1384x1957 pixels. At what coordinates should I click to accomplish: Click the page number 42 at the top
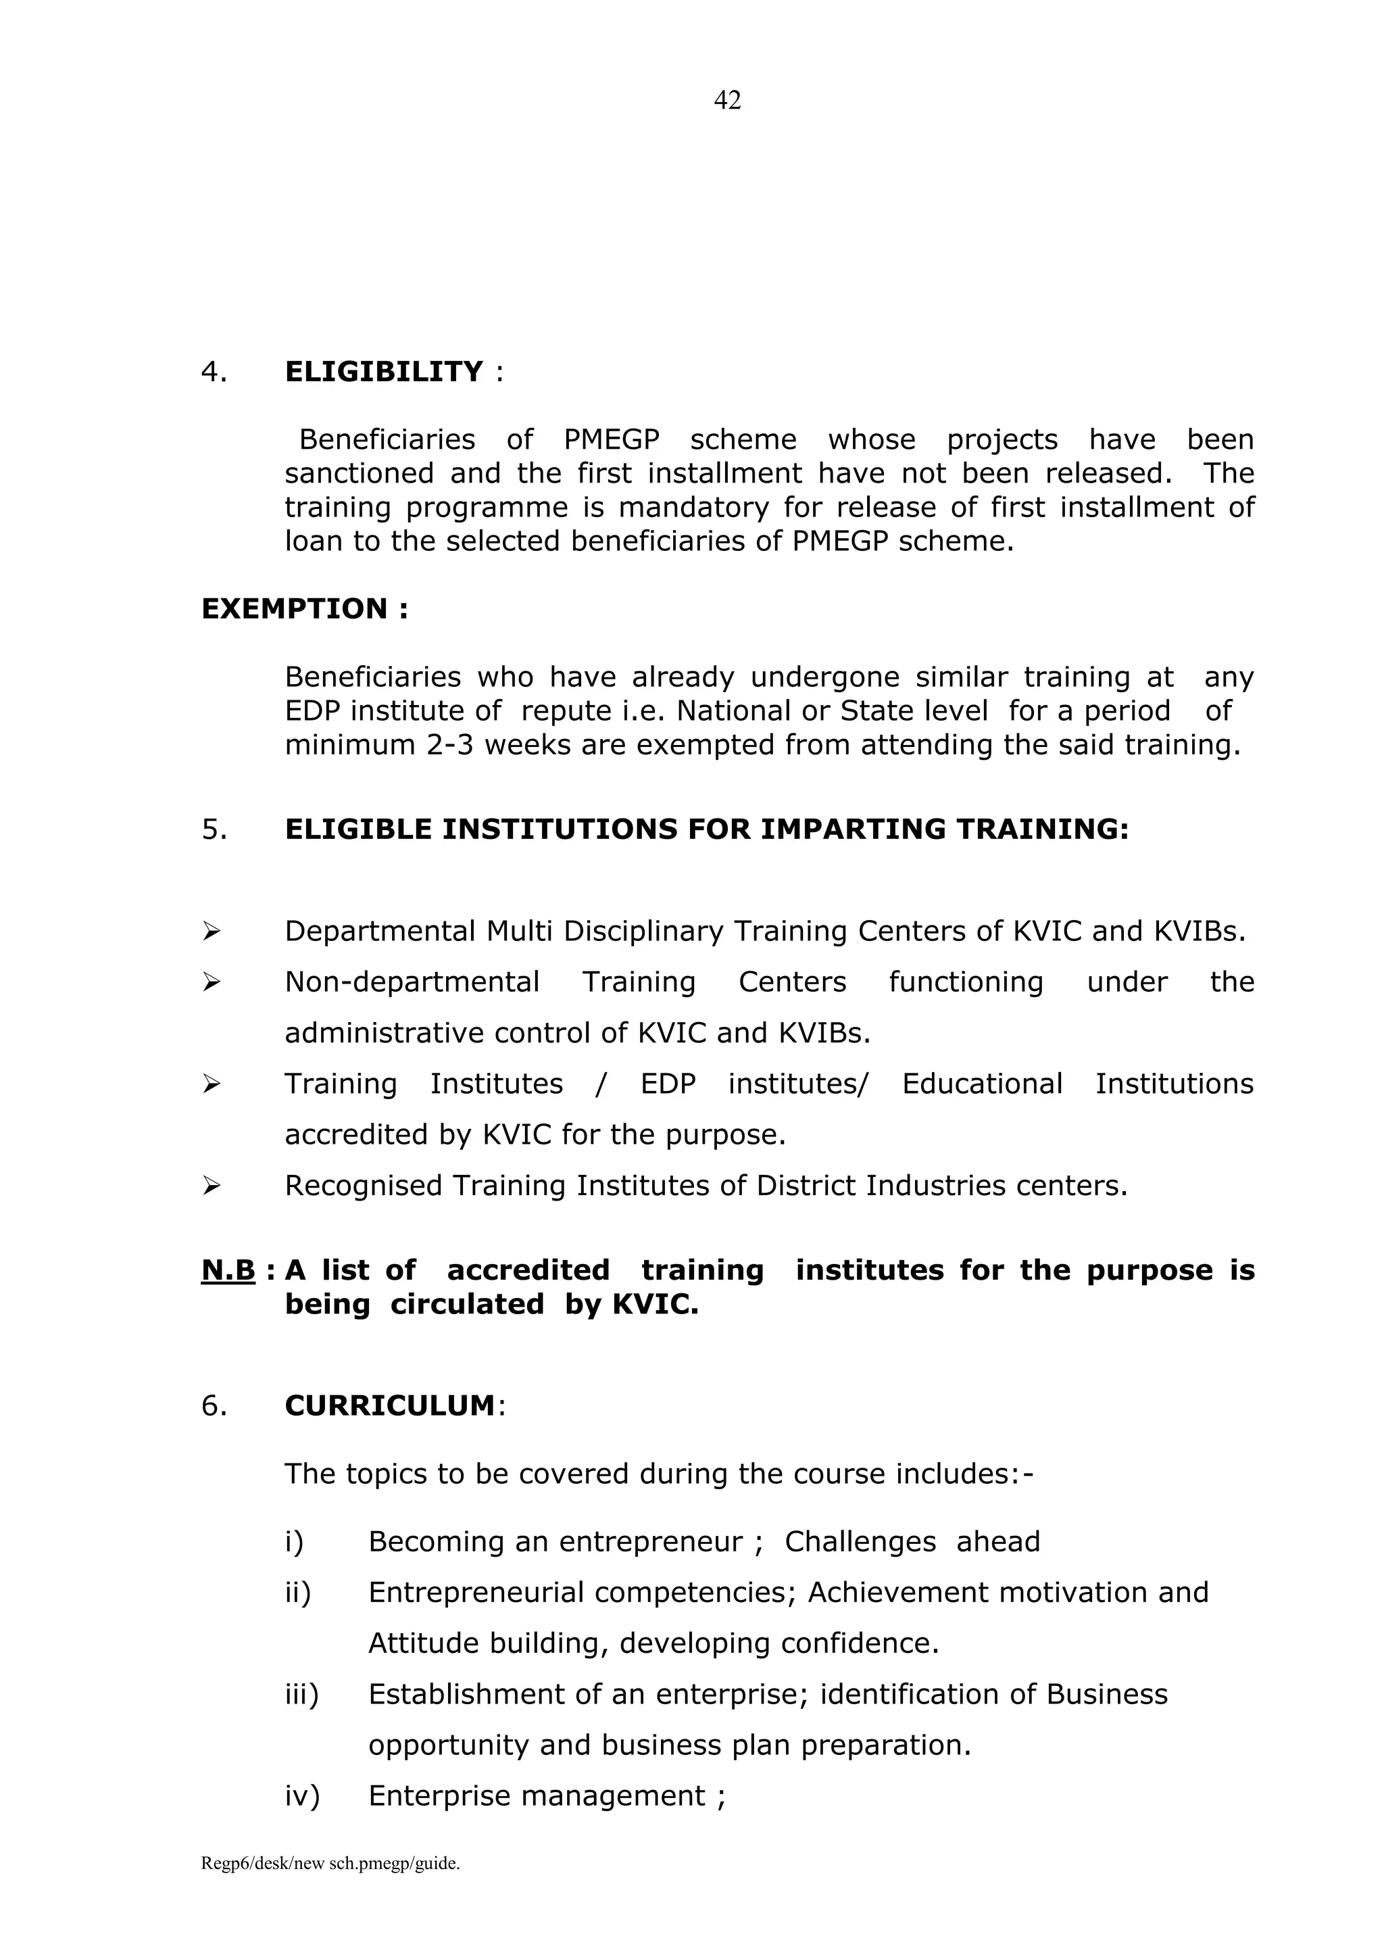pyautogui.click(x=727, y=101)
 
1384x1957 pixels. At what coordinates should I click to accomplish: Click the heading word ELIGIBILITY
pyautogui.click(x=383, y=372)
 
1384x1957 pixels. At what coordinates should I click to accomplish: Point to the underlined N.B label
pyautogui.click(x=228, y=1270)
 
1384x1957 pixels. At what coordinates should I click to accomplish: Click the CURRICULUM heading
pyautogui.click(x=389, y=1405)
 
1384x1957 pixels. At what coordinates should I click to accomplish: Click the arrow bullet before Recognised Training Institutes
pyautogui.click(x=212, y=1186)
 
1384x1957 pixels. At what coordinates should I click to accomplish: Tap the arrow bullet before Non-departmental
pyautogui.click(x=212, y=982)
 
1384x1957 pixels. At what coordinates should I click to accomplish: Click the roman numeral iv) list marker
pyautogui.click(x=301, y=1796)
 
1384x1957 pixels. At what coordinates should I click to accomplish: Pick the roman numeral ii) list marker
pyautogui.click(x=298, y=1592)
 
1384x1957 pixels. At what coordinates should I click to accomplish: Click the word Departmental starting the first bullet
pyautogui.click(x=379, y=931)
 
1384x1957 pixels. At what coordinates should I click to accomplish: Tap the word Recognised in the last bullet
pyautogui.click(x=363, y=1186)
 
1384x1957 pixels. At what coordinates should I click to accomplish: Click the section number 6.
pyautogui.click(x=214, y=1405)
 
